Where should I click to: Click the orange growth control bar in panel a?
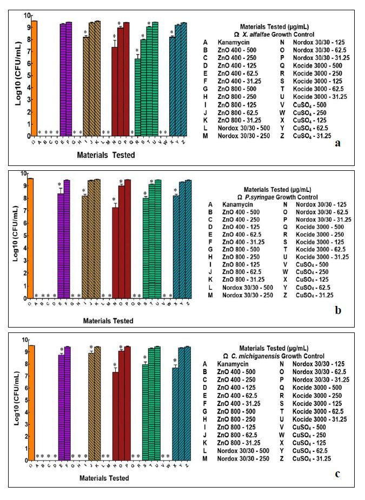[34, 78]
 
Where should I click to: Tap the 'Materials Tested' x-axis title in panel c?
[104, 478]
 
